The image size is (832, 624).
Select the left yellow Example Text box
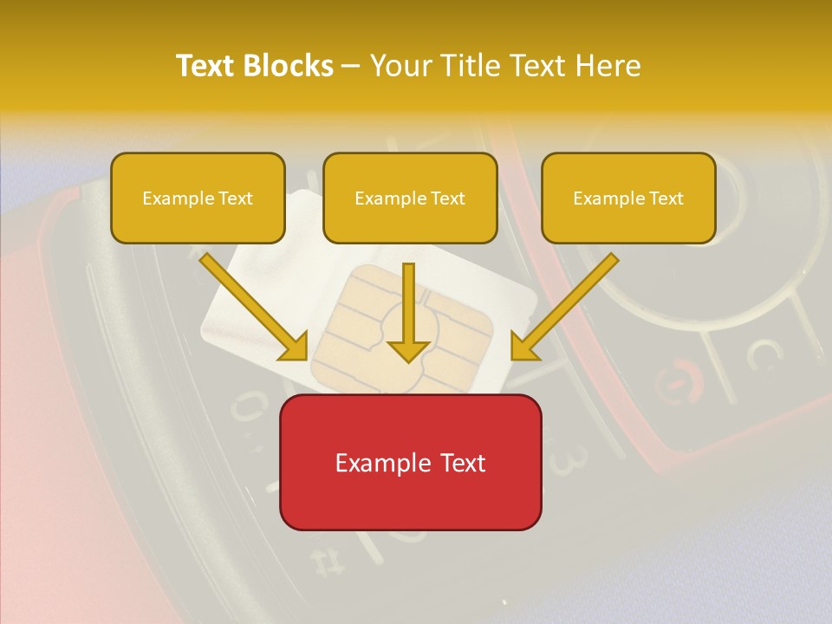198,198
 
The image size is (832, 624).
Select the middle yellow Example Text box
410,198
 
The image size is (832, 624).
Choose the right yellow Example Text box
628,198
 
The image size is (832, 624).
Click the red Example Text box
411,462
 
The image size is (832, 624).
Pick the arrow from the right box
568,303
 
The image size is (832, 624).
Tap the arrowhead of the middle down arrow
408,350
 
